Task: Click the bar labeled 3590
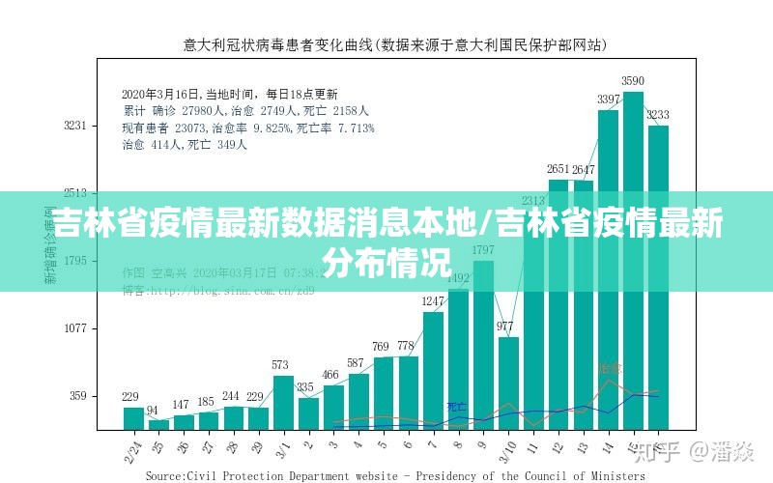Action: (634, 261)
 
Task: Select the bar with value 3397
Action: (609, 270)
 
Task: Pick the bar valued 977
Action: (508, 383)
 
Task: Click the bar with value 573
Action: (282, 402)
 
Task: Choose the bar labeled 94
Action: (157, 424)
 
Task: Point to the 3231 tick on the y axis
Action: (75, 126)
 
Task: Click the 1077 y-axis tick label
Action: (75, 328)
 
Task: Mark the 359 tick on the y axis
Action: (77, 396)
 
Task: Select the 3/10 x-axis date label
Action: (506, 449)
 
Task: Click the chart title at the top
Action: (395, 44)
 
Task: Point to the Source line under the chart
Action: (395, 475)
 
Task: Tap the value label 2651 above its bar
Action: (558, 171)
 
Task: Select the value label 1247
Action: (433, 302)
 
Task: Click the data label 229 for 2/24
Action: (131, 397)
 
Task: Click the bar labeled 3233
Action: (659, 280)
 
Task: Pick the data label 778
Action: (407, 347)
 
